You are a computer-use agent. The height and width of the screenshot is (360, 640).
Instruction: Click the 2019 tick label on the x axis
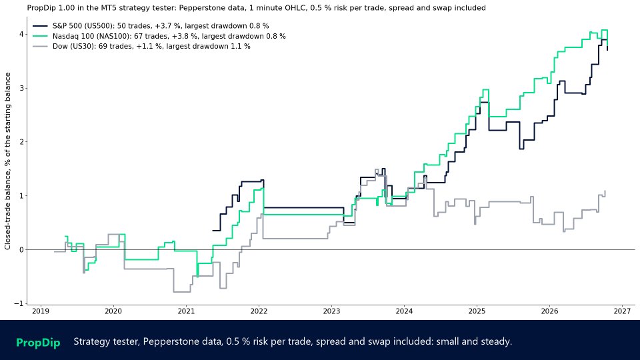pos(41,311)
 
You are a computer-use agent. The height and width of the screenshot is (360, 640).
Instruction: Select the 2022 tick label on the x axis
pos(259,311)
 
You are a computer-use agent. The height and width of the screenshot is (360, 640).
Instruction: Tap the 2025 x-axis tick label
pos(477,311)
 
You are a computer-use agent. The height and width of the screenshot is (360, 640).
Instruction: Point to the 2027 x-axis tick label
pos(623,311)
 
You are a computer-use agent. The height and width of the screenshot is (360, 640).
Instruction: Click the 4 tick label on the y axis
pos(21,34)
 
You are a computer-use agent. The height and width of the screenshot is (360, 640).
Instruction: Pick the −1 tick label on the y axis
pos(19,304)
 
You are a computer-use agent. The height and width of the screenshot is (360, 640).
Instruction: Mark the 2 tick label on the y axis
pos(21,142)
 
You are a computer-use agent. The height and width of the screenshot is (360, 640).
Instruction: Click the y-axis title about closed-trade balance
pos(8,161)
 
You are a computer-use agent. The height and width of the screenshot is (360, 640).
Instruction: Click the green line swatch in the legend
pos(40,36)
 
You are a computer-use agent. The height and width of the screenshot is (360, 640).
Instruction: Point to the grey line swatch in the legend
pos(40,47)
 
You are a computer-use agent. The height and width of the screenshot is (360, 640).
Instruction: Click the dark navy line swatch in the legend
pos(40,26)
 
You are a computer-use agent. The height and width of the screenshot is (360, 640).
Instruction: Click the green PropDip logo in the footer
pos(38,343)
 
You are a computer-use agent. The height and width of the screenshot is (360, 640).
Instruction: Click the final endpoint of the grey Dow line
pos(605,191)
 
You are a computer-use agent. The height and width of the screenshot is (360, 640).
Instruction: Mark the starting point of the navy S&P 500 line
pos(213,231)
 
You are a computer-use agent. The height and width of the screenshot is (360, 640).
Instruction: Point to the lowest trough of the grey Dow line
pos(181,292)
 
